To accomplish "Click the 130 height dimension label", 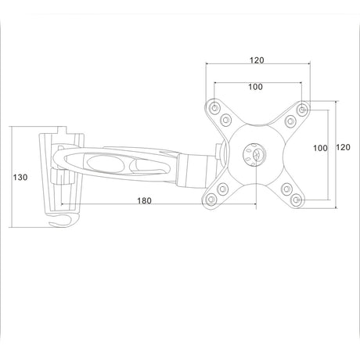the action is pos(20,178).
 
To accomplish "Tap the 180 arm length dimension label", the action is pos(144,200).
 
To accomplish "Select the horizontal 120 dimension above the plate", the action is pos(257,60).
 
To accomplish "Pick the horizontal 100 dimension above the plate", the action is pos(255,87).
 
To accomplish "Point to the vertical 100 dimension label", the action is pos(320,148).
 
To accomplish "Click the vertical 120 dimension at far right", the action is pos(343,147).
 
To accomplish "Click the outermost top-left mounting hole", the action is pos(214,107).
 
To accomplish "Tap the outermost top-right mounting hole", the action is pos(302,110).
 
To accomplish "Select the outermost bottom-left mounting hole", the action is pos(211,200).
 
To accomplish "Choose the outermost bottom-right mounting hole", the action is pos(296,200).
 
